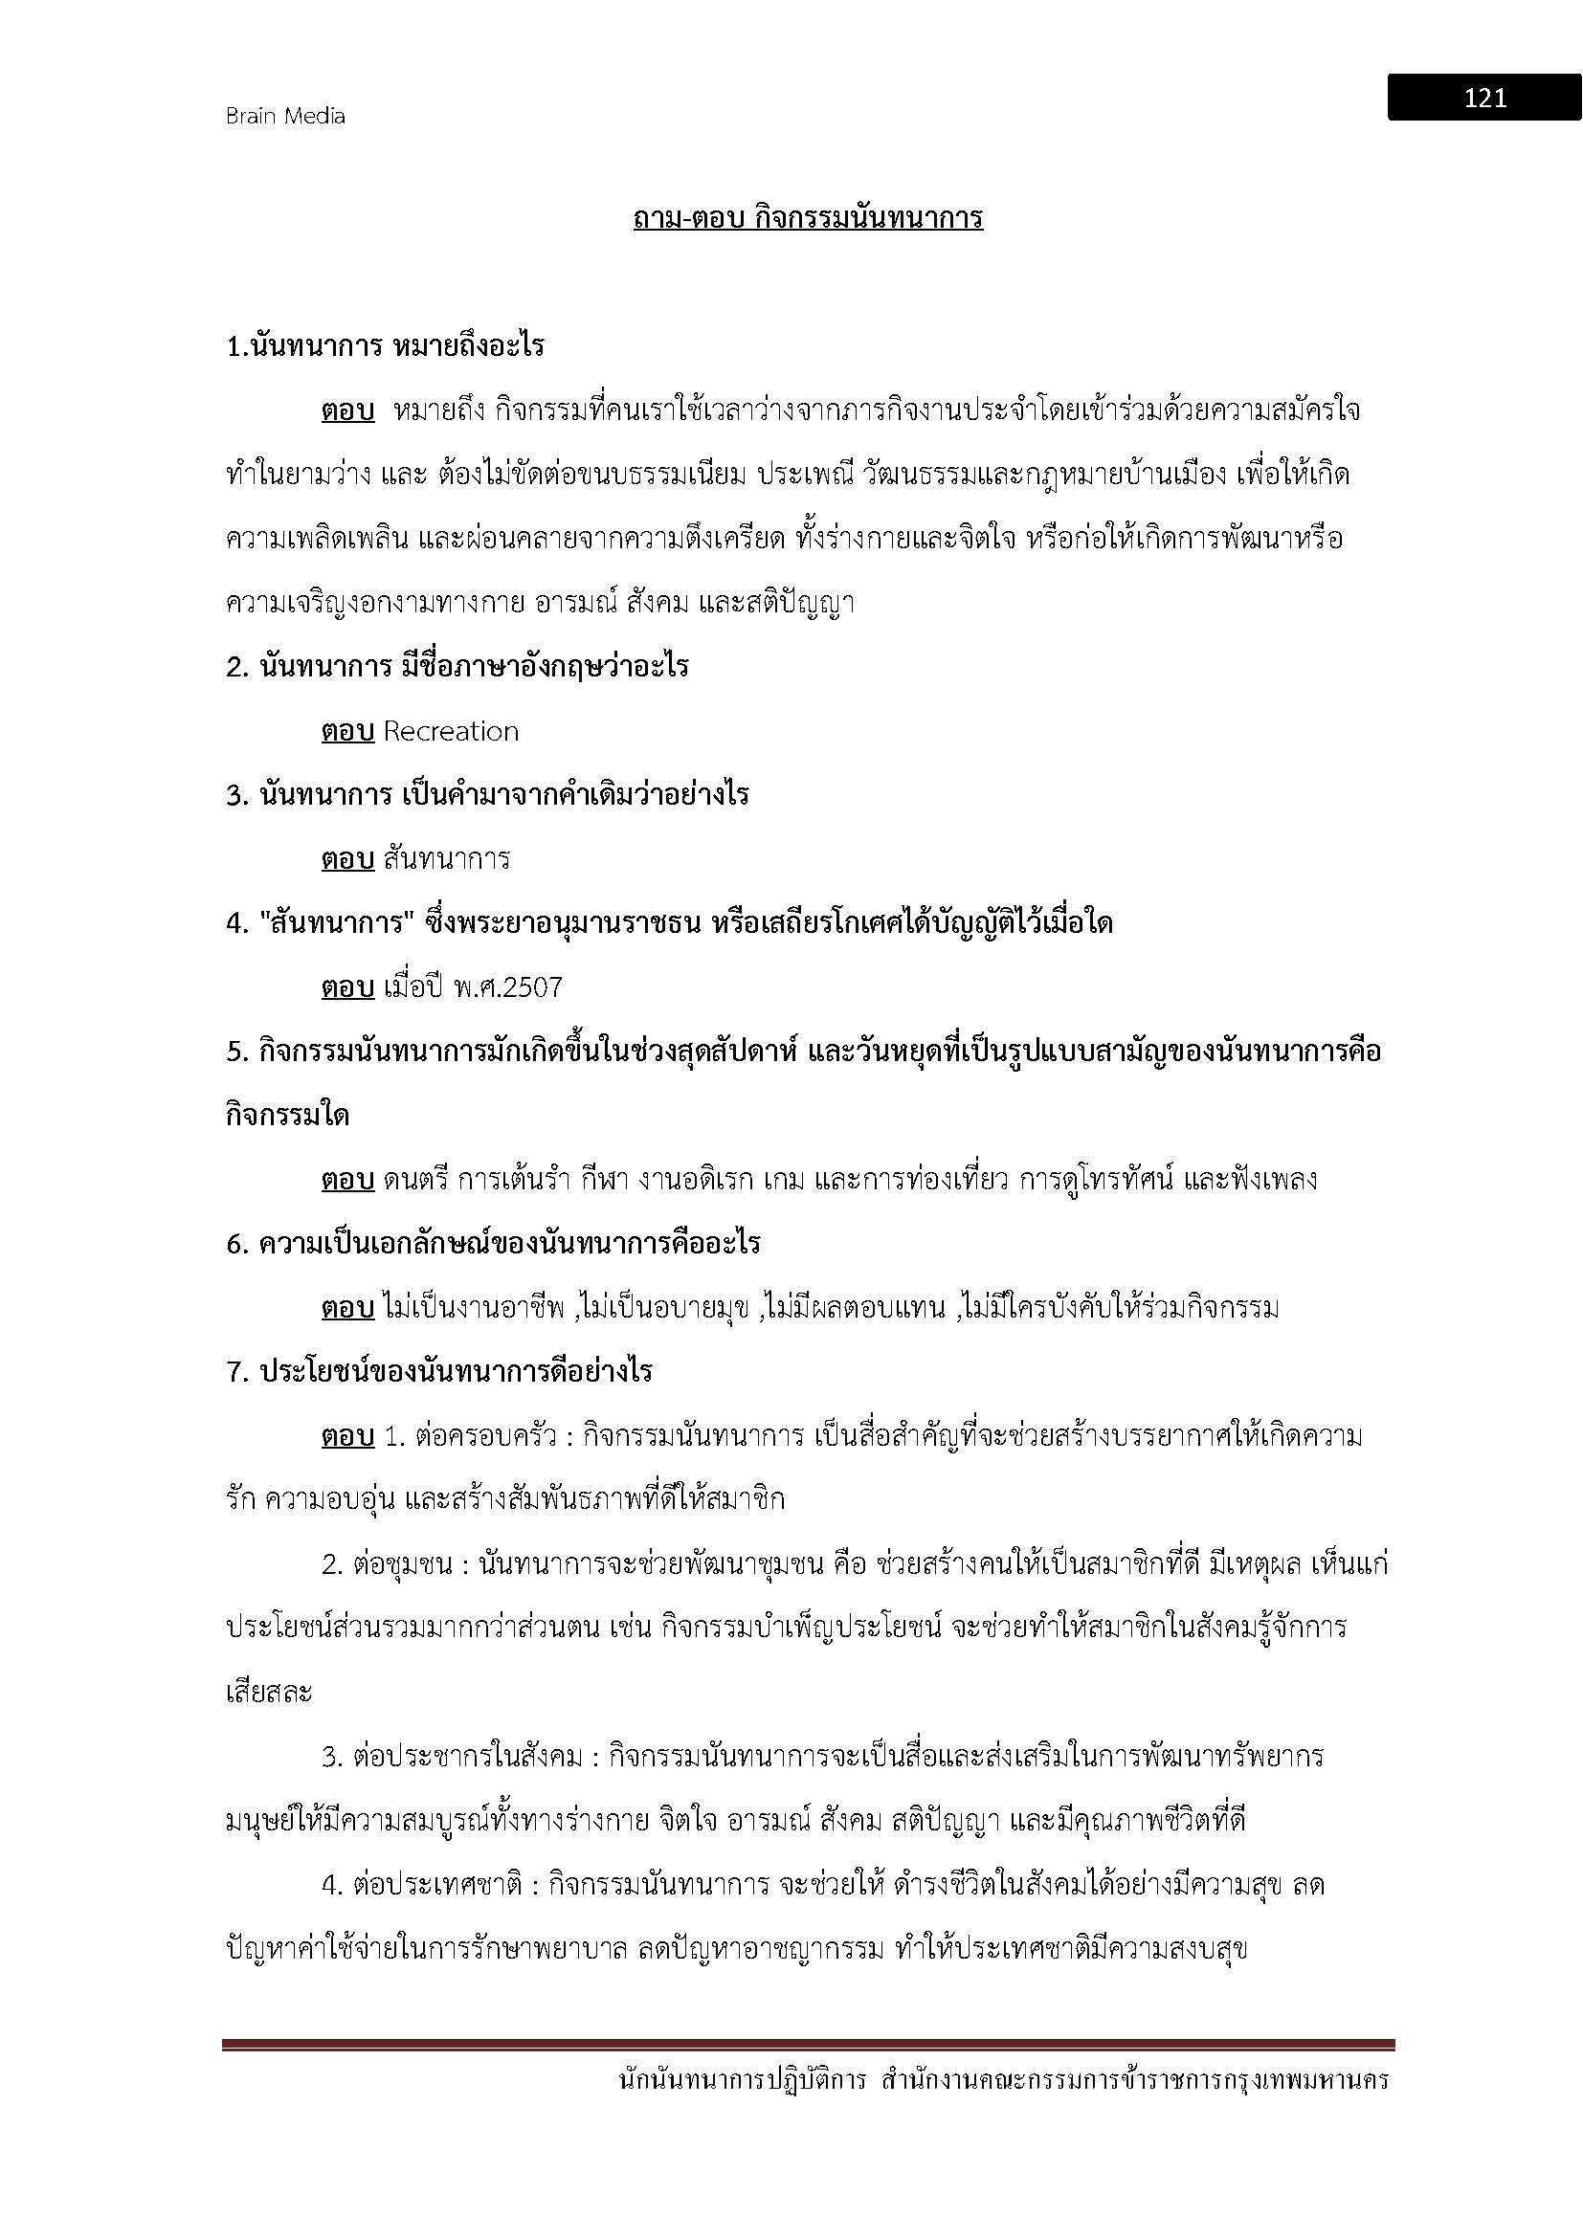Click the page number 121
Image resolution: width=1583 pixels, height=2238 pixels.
click(1484, 98)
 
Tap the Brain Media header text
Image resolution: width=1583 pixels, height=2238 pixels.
click(285, 116)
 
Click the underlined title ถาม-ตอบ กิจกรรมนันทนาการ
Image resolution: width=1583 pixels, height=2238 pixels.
click(807, 217)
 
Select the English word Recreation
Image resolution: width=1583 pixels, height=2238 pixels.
click(451, 731)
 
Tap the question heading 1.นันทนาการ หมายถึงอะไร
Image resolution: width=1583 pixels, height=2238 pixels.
click(385, 346)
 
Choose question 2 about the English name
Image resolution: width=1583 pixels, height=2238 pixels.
click(457, 667)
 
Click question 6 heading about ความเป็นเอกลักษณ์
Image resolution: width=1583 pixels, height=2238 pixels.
click(493, 1244)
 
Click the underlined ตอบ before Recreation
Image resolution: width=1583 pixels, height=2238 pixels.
click(348, 731)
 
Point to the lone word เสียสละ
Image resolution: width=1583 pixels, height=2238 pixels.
click(268, 1693)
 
